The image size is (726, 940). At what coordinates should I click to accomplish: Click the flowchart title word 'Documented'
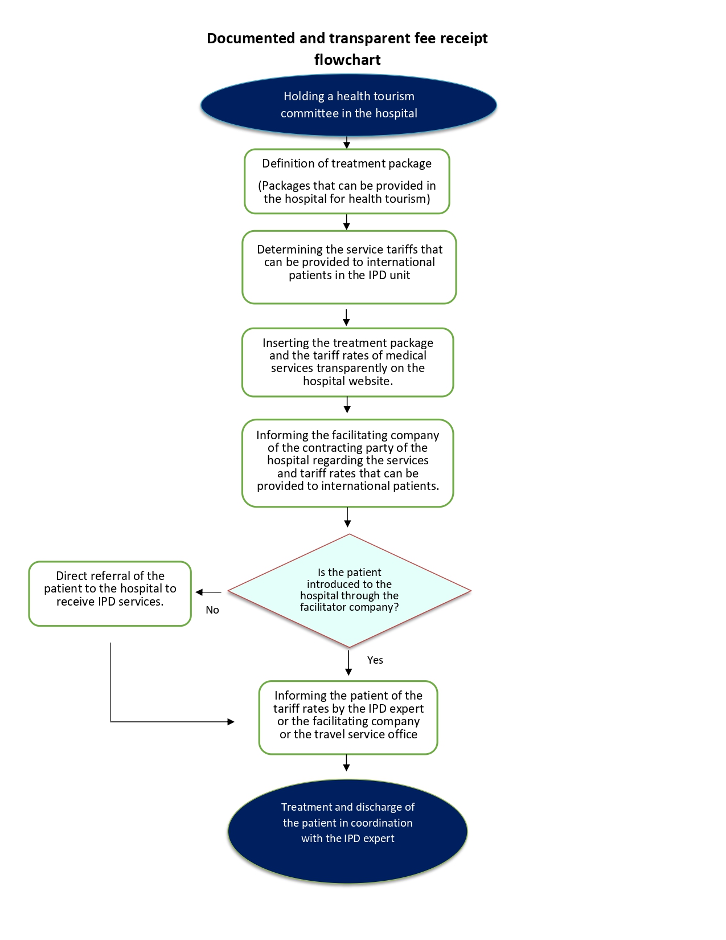point(251,38)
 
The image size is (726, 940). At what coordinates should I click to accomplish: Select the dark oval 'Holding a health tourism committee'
point(348,105)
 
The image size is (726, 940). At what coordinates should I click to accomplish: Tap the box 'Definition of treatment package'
point(347,181)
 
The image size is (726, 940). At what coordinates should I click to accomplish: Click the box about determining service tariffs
point(349,267)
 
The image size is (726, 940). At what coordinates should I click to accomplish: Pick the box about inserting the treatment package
point(348,362)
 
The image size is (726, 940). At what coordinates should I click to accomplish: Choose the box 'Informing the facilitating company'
point(348,463)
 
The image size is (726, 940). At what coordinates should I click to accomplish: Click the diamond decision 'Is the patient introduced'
point(350,590)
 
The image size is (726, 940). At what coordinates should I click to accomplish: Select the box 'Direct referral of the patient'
point(110,594)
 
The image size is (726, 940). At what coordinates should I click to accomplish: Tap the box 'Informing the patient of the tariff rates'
point(348,718)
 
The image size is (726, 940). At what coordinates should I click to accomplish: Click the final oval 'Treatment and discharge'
point(348,831)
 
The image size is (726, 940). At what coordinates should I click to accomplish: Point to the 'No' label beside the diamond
point(212,610)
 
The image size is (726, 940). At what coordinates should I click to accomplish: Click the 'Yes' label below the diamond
point(375,660)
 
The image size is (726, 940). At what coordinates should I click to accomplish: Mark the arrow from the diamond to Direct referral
point(208,592)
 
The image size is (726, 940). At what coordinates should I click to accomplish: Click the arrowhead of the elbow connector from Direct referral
point(231,722)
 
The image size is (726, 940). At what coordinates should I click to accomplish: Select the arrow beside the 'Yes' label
point(348,663)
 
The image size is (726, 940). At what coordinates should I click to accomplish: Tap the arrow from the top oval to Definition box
point(346,143)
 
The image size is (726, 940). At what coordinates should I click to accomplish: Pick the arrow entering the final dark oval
point(346,763)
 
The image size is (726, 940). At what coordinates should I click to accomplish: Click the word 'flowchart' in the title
point(347,60)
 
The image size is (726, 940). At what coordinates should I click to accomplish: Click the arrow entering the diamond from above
point(348,517)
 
